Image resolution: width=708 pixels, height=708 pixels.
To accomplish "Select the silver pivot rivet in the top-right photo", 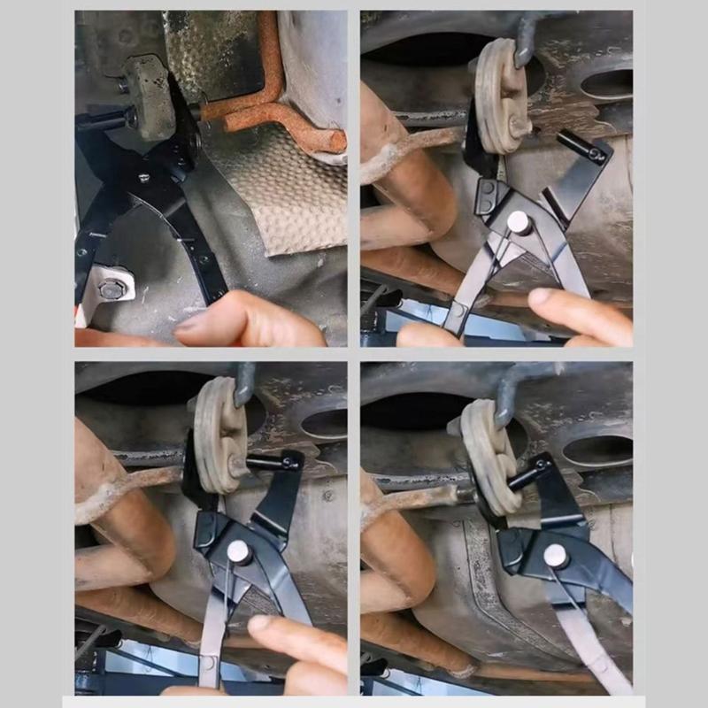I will (519, 222).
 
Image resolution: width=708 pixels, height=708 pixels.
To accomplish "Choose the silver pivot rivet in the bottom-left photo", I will (239, 552).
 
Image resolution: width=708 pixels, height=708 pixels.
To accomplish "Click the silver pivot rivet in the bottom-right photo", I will (556, 556).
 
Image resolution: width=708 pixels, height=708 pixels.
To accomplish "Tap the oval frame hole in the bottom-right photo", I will (598, 450).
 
